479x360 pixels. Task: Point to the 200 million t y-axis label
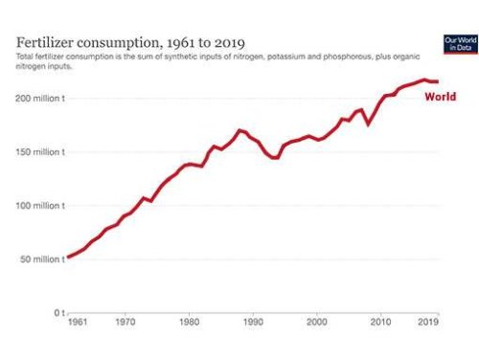pyautogui.click(x=39, y=99)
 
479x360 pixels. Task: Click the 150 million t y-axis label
pyautogui.click(x=39, y=152)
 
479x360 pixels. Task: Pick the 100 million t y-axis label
pyautogui.click(x=39, y=206)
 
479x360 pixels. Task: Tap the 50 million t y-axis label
pyautogui.click(x=41, y=259)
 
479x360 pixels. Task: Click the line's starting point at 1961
pyautogui.click(x=66, y=257)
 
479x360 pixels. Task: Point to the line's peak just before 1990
pyautogui.click(x=239, y=129)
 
